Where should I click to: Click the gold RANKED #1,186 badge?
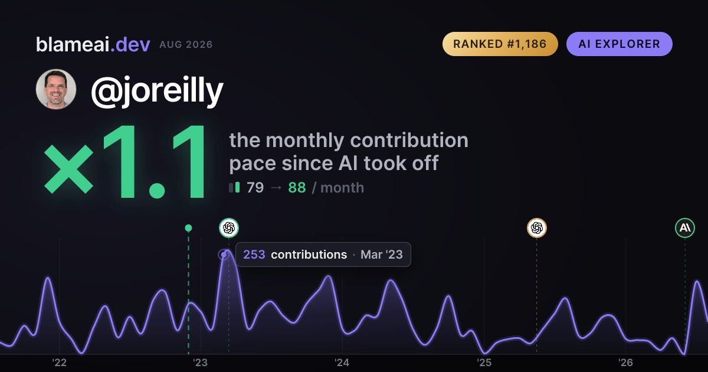500,44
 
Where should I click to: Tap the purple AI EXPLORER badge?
619,44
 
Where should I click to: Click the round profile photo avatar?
56,89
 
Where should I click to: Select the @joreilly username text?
157,91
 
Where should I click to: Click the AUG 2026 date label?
186,45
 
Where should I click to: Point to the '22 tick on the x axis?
59,363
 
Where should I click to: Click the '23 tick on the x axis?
201,363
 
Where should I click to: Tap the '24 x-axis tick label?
342,363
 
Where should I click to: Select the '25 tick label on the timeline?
484,363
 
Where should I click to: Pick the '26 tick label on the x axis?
625,363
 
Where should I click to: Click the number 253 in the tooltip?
254,254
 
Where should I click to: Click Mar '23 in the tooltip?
382,254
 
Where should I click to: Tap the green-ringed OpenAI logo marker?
229,228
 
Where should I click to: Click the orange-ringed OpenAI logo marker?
537,228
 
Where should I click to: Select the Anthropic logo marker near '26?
685,228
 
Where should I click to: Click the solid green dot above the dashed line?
188,228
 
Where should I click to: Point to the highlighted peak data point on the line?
224,254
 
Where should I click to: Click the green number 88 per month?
297,188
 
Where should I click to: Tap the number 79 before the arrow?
255,188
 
